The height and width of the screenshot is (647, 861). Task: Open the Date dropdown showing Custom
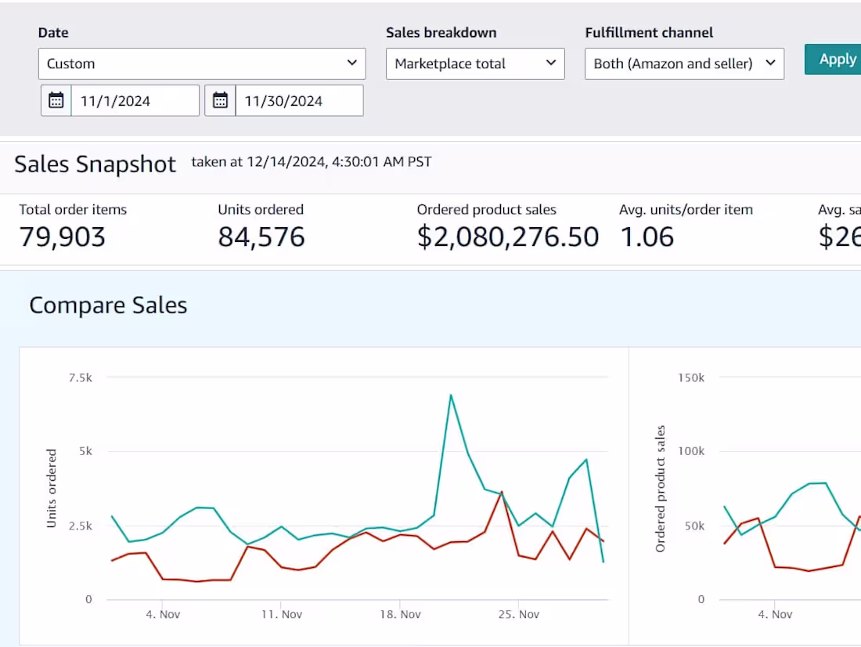201,63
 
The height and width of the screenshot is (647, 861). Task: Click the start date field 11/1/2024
135,101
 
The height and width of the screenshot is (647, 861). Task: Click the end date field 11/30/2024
298,101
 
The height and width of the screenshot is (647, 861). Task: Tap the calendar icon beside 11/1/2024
56,101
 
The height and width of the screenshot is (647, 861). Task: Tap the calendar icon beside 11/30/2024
220,101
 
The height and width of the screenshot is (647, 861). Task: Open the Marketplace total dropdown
475,63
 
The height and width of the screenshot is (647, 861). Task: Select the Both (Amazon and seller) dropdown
684,63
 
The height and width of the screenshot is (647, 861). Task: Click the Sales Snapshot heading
95,164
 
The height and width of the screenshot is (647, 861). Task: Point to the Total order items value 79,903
62,237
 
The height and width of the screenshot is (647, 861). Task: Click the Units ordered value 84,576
261,237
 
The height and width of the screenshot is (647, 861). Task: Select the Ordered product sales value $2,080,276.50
508,237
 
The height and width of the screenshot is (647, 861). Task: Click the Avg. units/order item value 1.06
647,237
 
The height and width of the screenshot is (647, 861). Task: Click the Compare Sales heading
108,305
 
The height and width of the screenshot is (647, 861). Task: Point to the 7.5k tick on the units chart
80,378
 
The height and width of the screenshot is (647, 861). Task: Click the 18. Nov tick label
400,614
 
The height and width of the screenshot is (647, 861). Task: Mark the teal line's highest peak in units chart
451,395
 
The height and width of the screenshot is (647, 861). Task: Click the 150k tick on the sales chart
690,378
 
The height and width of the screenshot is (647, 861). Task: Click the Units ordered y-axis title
52,488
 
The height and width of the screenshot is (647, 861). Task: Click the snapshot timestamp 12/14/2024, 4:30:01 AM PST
312,162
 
